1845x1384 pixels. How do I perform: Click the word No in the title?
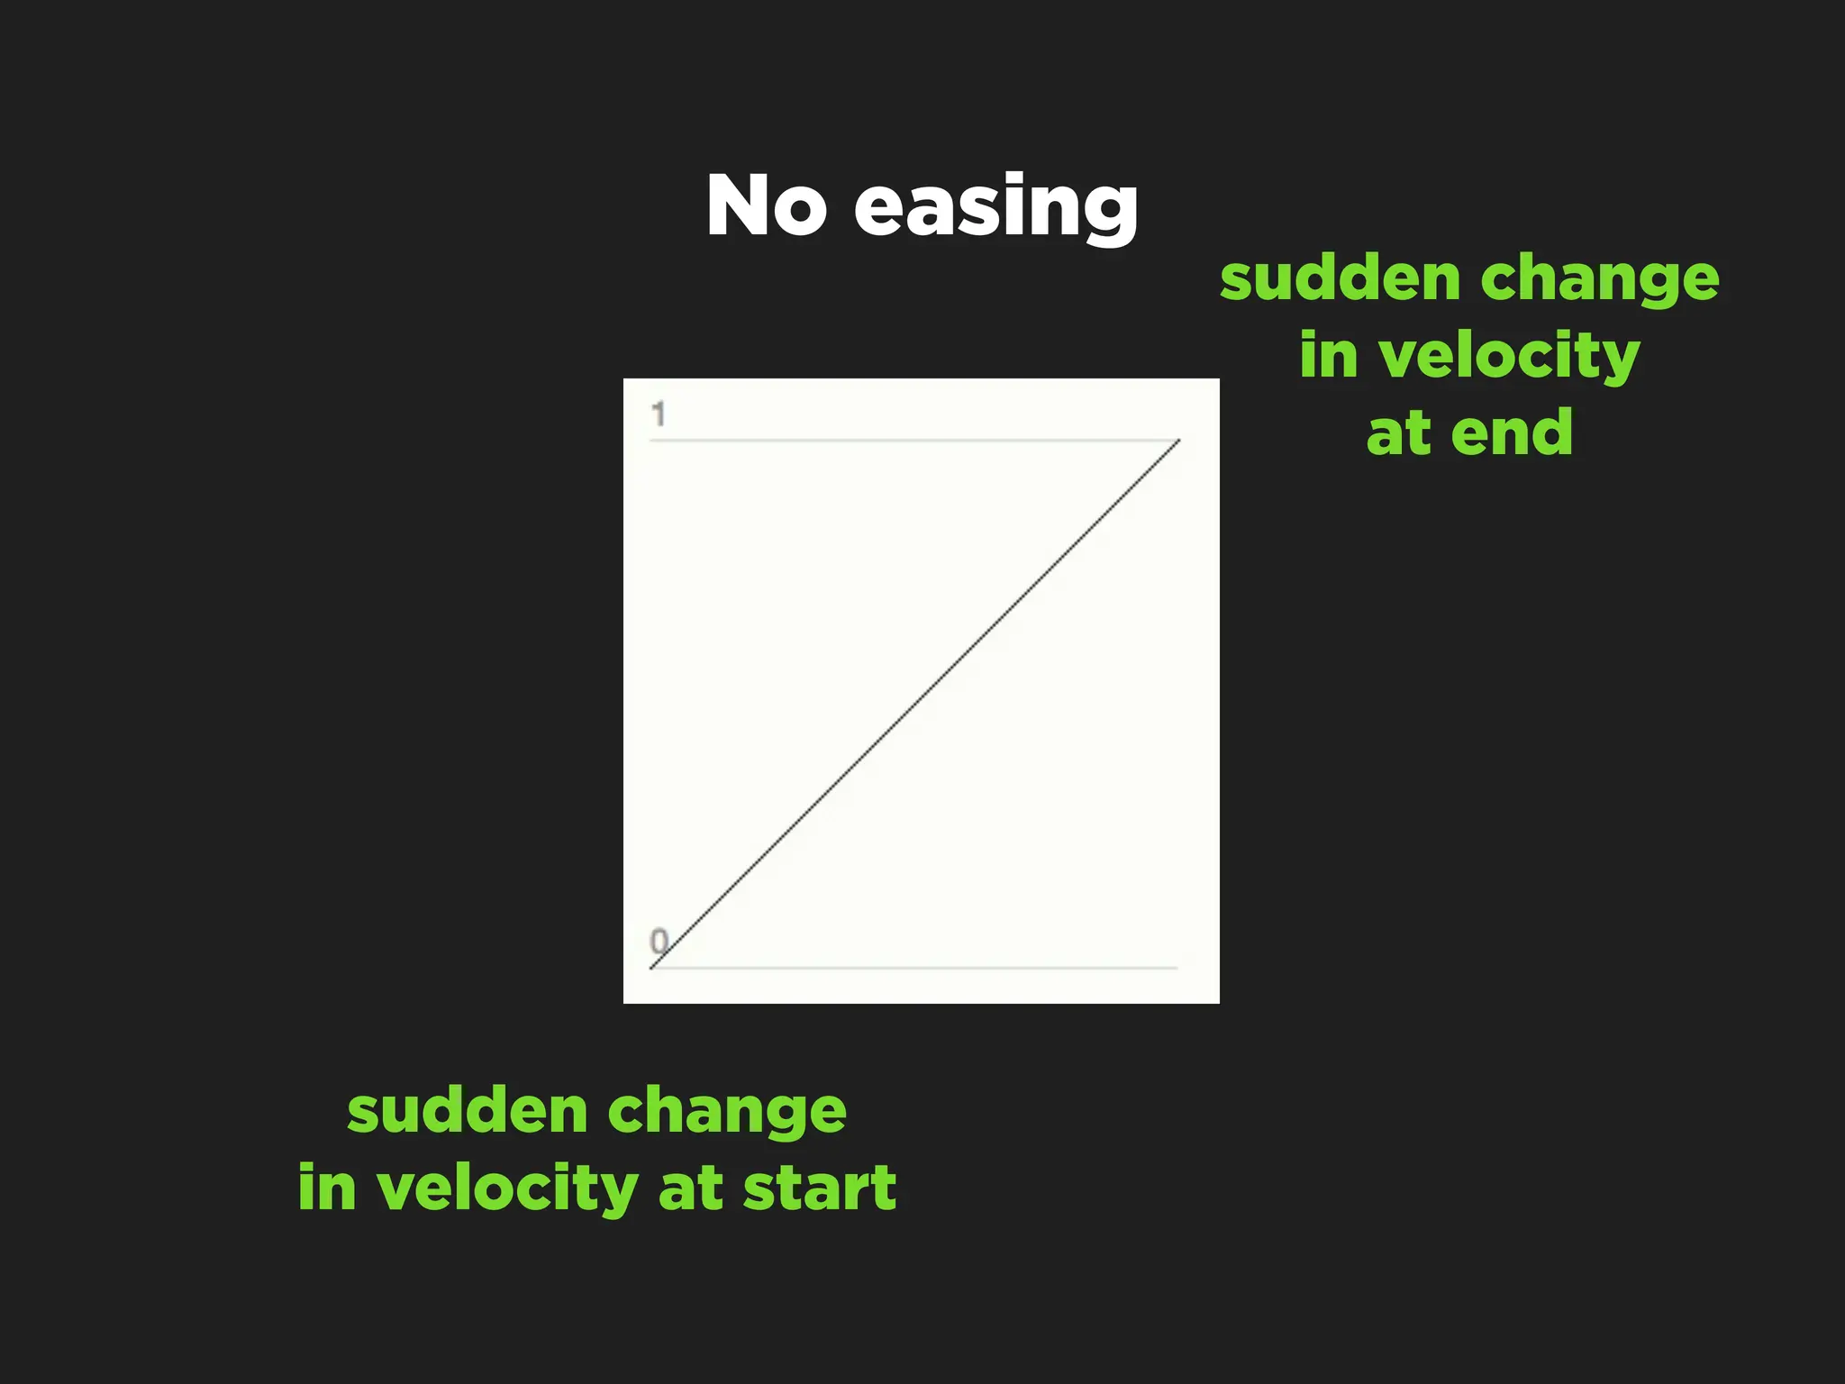click(x=765, y=206)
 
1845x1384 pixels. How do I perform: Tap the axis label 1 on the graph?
click(x=659, y=414)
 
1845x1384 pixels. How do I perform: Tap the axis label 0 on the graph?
click(x=659, y=942)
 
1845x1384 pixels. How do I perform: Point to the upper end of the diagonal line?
click(x=1177, y=441)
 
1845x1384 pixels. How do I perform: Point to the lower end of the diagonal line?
click(x=652, y=967)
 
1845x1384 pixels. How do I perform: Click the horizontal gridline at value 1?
click(x=901, y=441)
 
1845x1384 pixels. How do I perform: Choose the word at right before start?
click(x=690, y=1188)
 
